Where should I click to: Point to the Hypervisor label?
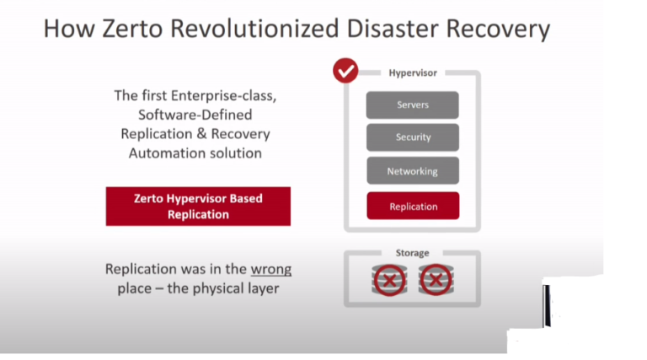412,73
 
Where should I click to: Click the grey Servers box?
412,105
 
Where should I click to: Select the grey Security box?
412,137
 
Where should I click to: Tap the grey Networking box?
412,171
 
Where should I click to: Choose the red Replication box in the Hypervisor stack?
412,206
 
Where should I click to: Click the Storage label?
412,253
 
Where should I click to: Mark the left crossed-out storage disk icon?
389,279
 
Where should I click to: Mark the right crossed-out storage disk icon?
436,279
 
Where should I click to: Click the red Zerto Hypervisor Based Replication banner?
198,207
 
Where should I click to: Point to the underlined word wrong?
270,270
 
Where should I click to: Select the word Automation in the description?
166,153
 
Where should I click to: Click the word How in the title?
63,29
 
